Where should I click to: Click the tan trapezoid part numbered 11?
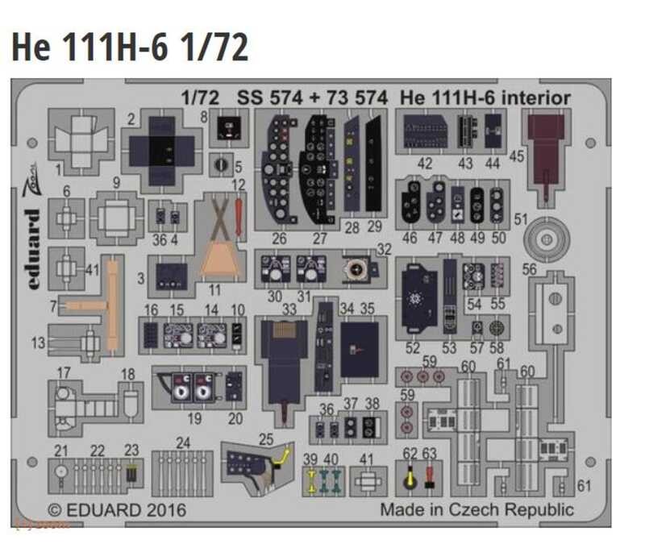[219, 257]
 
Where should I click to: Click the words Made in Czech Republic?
[476, 509]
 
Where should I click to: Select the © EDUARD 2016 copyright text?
[117, 510]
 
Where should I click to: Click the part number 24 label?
[183, 442]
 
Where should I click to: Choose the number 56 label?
[530, 271]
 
